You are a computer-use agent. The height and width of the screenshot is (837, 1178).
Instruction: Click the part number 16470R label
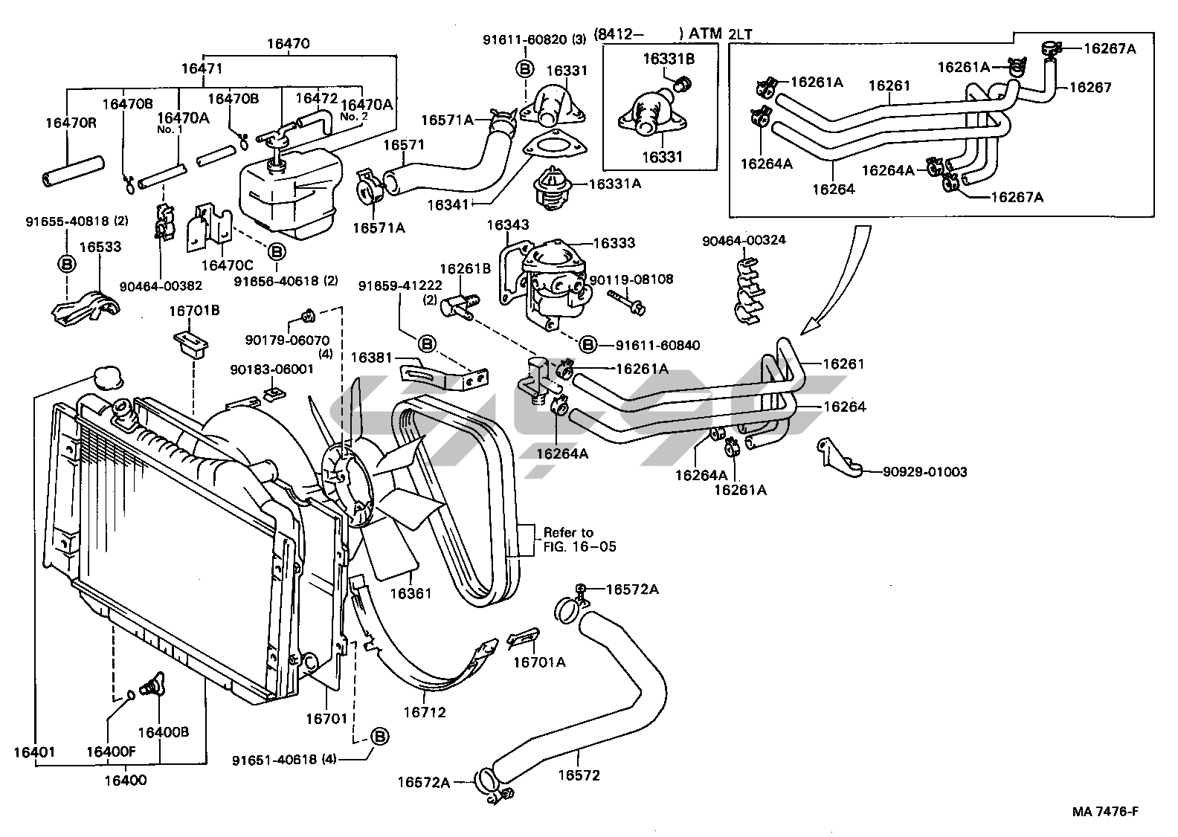tap(71, 123)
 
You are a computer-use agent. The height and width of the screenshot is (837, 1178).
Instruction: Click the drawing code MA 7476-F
tap(1105, 811)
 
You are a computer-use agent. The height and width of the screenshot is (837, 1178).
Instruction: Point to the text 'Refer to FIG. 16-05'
tap(579, 540)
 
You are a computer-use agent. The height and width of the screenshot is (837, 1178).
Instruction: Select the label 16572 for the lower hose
tap(579, 775)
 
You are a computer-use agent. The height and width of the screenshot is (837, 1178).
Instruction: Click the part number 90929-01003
tap(924, 471)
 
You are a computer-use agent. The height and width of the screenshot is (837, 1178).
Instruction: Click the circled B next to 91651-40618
tap(380, 737)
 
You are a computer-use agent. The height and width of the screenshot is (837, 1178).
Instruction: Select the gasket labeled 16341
tap(555, 146)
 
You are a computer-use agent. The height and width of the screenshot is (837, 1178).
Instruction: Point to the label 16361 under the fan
tap(411, 593)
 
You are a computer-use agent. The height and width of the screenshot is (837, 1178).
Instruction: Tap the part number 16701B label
tap(194, 311)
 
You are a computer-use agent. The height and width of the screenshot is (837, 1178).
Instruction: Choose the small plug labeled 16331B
tap(683, 83)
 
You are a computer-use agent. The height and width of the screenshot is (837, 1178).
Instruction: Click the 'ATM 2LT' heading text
tap(721, 33)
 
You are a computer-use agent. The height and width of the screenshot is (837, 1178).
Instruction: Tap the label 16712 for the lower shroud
tap(425, 712)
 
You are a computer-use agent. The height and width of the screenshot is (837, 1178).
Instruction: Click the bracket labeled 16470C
tap(209, 228)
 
